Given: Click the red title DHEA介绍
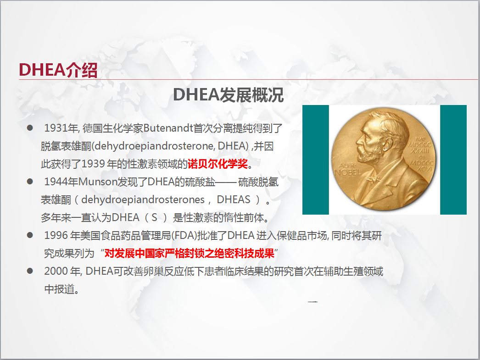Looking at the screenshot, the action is pyautogui.click(x=58, y=70).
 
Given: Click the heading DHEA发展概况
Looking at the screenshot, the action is pyautogui.click(x=229, y=95).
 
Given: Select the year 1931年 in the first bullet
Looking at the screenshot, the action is pyautogui.click(x=61, y=128).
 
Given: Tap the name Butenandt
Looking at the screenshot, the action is pyautogui.click(x=168, y=128).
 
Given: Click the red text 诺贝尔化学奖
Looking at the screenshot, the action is pyautogui.click(x=218, y=164).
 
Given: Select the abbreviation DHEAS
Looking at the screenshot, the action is pyautogui.click(x=234, y=200).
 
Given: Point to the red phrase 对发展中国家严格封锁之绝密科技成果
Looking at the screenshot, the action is pyautogui.click(x=189, y=254).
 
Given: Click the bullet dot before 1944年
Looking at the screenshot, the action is pyautogui.click(x=30, y=182).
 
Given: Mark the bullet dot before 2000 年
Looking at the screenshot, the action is pyautogui.click(x=30, y=271).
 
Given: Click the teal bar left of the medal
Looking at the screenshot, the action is pyautogui.click(x=316, y=160).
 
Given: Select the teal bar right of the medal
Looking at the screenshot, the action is pyautogui.click(x=453, y=160).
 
